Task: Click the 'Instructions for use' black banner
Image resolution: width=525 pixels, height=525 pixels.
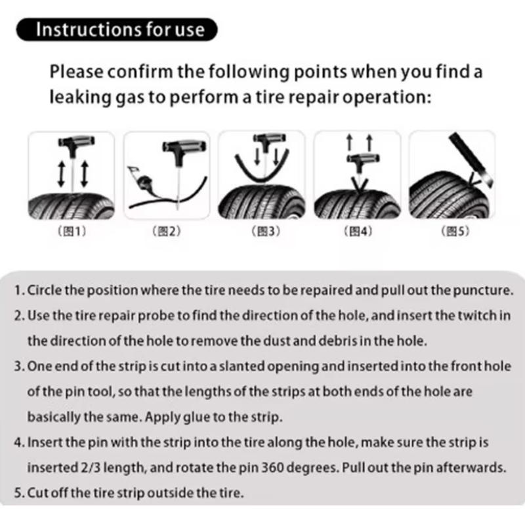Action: [117, 30]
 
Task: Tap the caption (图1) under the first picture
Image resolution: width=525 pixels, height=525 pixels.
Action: [72, 231]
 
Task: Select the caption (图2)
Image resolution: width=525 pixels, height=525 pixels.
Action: [167, 231]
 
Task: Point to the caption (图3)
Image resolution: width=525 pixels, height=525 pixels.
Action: [266, 231]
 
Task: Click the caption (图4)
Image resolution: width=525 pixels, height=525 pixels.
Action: [358, 231]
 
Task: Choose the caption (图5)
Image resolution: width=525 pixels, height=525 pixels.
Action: [455, 231]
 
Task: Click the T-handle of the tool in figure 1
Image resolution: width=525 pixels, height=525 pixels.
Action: [76, 141]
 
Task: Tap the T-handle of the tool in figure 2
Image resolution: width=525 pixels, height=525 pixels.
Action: [184, 146]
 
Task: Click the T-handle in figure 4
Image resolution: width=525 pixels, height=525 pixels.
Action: [363, 158]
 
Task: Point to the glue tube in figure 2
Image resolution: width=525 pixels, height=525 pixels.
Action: [141, 180]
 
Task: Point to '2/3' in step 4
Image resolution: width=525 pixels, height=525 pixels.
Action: [91, 468]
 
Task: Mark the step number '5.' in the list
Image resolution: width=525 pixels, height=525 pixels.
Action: [20, 493]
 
